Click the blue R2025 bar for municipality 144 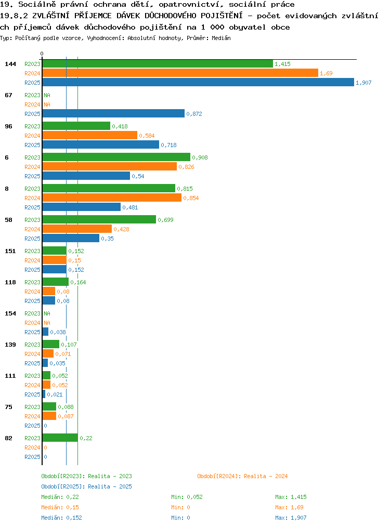coord(198,82)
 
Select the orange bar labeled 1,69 coord(180,73)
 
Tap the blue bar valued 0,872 coord(114,114)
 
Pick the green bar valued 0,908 coord(116,157)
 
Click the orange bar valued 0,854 coord(112,198)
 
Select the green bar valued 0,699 coord(99,220)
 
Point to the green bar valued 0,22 coord(60,438)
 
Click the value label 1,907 coord(363,83)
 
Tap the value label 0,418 coord(120,126)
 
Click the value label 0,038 coord(58,332)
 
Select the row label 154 coord(10,313)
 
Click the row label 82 coord(8,438)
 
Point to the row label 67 coord(8,95)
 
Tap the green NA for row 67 coord(47,95)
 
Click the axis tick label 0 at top coord(42,54)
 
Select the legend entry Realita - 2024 coord(266,476)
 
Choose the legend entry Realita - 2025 coord(110,486)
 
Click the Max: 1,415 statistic coord(291,497)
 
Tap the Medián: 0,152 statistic coord(61,518)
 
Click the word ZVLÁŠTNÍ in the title coord(51,16)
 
